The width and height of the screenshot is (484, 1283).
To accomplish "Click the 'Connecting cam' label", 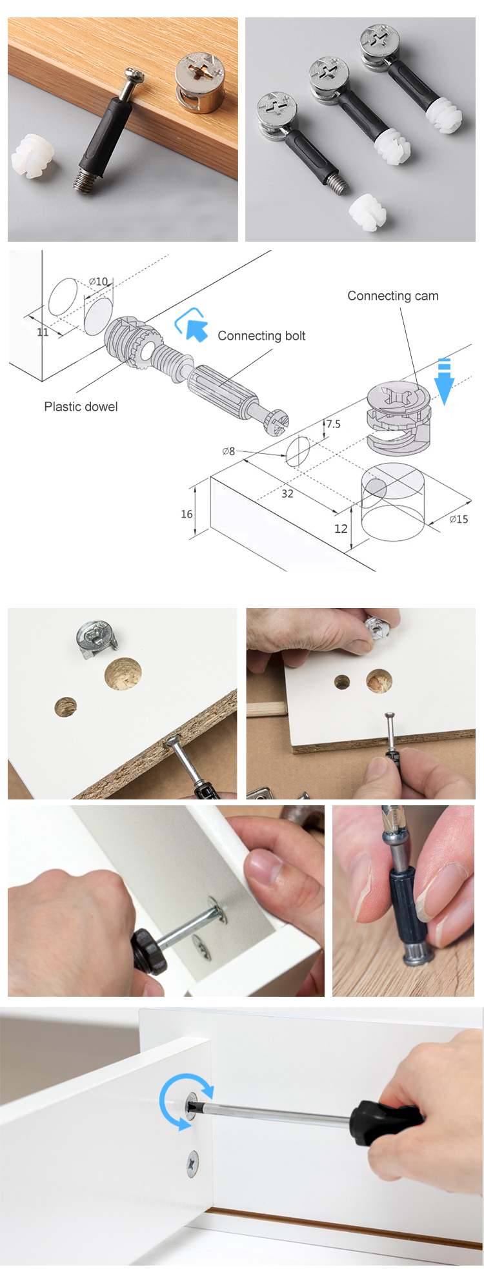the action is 393,296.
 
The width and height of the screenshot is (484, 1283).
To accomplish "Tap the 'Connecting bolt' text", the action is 261,336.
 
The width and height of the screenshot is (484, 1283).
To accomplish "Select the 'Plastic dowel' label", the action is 81,407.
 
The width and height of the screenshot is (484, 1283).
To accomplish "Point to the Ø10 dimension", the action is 98,282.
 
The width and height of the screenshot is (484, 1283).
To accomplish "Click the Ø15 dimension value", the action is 459,519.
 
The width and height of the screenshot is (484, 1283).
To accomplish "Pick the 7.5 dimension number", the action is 333,424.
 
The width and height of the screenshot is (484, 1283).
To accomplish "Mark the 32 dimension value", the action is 287,494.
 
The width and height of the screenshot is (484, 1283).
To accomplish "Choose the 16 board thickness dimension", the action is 187,514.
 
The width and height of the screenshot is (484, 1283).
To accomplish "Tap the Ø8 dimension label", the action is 228,451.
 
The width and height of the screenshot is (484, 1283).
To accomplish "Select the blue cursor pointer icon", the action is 192,324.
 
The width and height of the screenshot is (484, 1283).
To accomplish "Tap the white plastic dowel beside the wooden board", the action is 32,157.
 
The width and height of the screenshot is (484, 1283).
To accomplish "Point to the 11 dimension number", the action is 43,333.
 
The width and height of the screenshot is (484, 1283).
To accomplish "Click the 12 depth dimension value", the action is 341,529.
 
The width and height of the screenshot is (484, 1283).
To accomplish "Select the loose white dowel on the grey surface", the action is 367,212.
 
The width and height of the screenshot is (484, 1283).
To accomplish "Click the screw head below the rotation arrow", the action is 192,1162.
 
